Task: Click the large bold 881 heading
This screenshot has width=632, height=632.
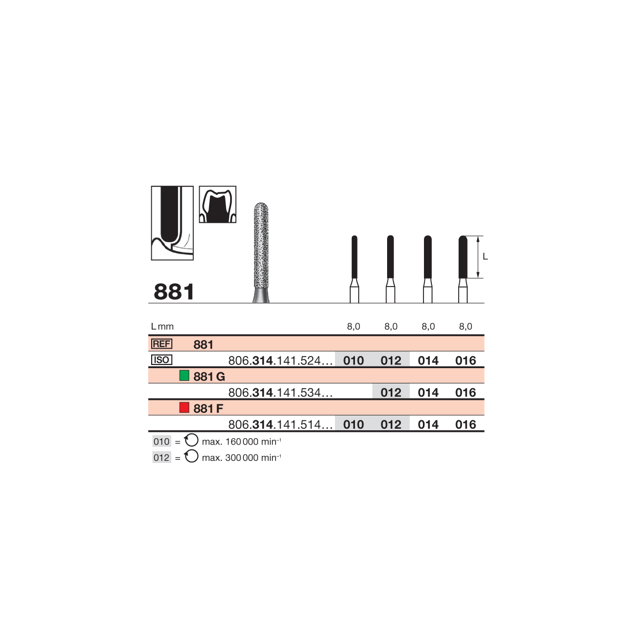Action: click(174, 292)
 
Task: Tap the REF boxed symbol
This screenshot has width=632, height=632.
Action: click(161, 344)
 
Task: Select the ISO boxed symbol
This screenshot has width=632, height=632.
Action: click(161, 360)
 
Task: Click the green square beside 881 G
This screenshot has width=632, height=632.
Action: click(184, 376)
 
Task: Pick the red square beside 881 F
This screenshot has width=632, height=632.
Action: click(184, 408)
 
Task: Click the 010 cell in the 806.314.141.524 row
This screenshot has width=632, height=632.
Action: click(353, 360)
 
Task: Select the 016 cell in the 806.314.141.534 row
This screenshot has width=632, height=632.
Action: click(466, 392)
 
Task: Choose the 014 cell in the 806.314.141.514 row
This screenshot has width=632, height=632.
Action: click(428, 424)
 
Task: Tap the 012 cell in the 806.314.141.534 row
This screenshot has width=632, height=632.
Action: click(391, 392)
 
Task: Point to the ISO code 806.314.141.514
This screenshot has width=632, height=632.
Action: click(280, 424)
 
